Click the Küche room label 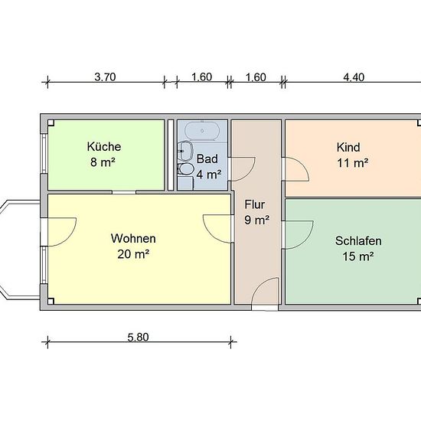click(x=104, y=147)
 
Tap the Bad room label click(x=207, y=159)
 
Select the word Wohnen click(x=133, y=238)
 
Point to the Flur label click(x=255, y=204)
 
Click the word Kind click(x=348, y=148)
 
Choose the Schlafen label click(x=358, y=241)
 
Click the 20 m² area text click(x=133, y=254)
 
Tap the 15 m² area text click(x=358, y=256)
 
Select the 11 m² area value click(x=353, y=163)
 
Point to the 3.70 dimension click(x=106, y=77)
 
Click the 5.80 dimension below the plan click(x=138, y=338)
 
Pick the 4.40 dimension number click(x=354, y=77)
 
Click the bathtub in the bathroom click(x=202, y=131)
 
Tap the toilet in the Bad click(x=185, y=168)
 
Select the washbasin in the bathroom click(x=186, y=151)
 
